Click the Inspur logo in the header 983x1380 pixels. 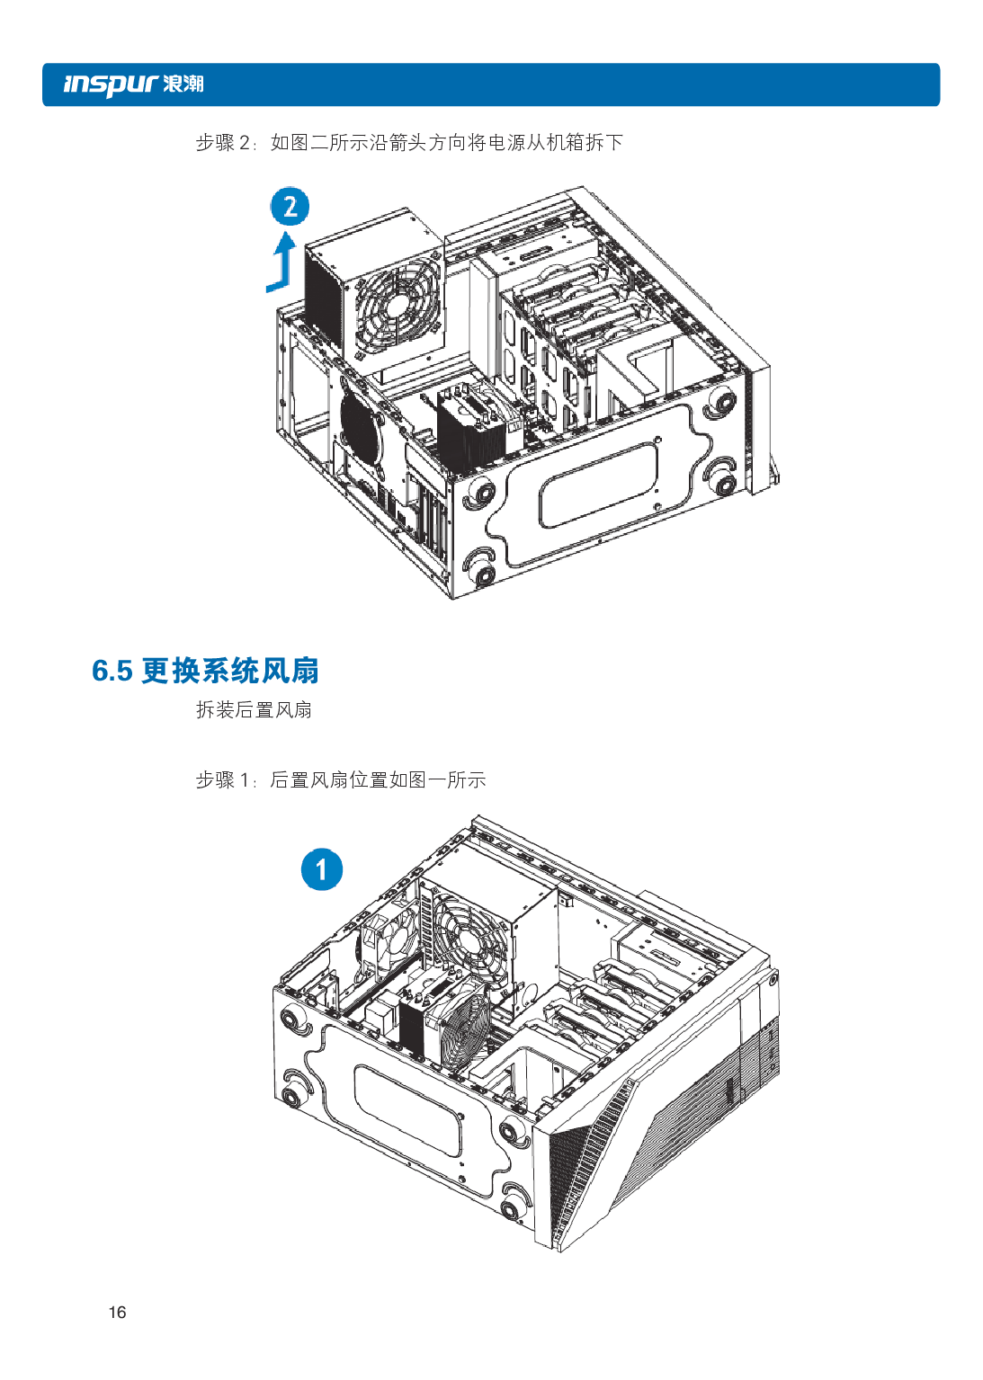click(111, 85)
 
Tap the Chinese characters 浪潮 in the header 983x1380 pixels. click(183, 85)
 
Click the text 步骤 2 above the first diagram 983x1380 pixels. click(222, 143)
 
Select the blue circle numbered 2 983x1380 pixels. click(290, 207)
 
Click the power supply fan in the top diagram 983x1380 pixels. click(397, 305)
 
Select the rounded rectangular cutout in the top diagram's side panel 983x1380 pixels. click(598, 485)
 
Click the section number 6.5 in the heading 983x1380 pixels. click(112, 671)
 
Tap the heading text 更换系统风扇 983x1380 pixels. click(230, 671)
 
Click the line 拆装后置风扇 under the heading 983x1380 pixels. click(254, 710)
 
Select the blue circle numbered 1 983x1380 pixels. click(321, 869)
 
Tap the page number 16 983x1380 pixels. click(117, 1312)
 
